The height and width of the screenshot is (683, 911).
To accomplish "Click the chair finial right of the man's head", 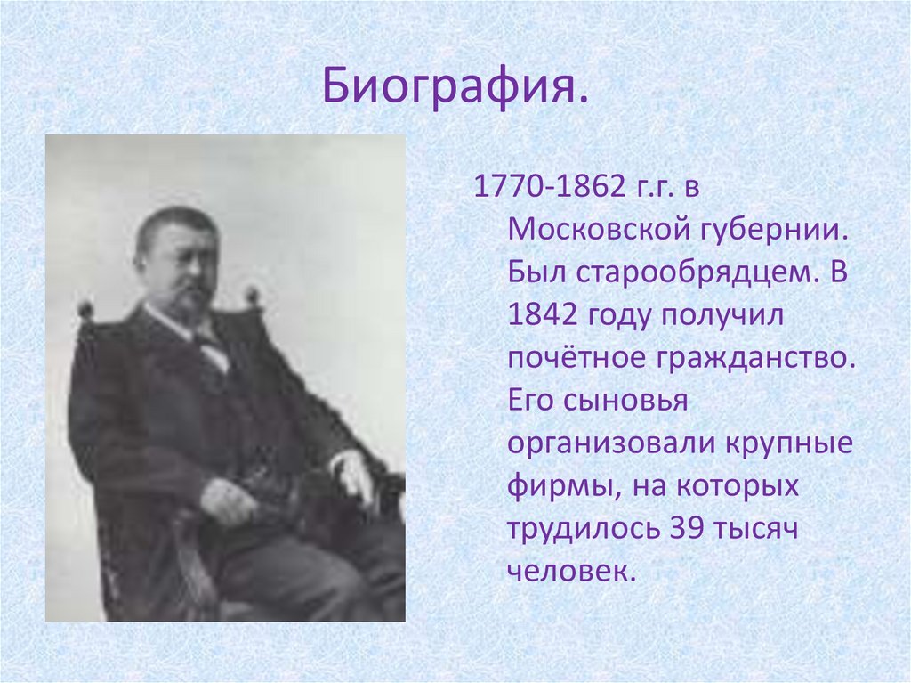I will pyautogui.click(x=253, y=297).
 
